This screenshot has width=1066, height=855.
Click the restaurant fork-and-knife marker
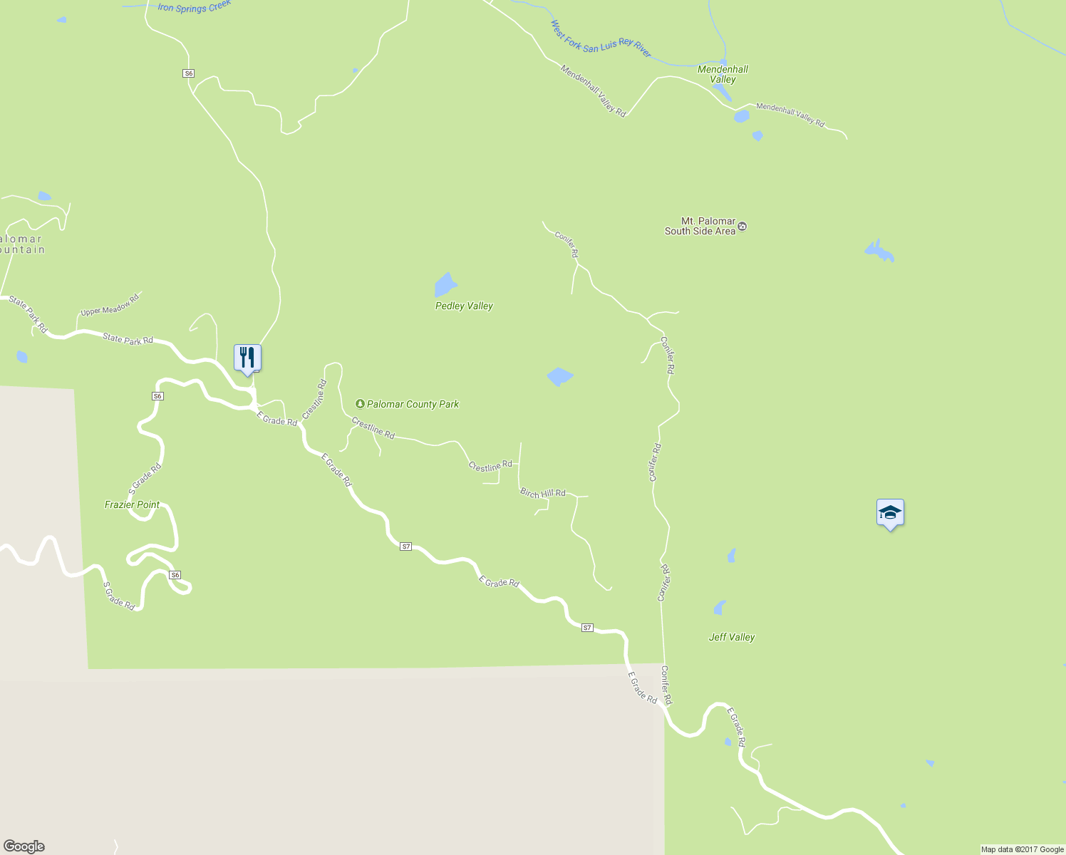point(247,358)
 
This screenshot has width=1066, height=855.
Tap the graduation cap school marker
point(890,512)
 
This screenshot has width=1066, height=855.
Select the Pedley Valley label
point(464,306)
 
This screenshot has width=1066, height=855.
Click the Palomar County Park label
point(413,404)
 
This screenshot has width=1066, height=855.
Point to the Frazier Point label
point(132,504)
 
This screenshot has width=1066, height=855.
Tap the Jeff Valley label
point(732,637)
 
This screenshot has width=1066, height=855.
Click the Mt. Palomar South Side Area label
point(700,227)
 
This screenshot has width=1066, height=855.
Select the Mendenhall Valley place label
point(723,74)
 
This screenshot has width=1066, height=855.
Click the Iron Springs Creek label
point(194,8)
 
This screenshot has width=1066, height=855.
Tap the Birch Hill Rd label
point(543,493)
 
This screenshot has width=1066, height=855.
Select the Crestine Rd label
point(314,399)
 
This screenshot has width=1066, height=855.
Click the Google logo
point(24,846)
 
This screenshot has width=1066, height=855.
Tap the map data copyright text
point(1022,849)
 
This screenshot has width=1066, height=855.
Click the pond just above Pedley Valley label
point(445,284)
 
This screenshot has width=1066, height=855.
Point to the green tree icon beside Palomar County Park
point(360,404)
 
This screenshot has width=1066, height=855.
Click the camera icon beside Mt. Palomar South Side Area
point(742,227)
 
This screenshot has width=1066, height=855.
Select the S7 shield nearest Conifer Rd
point(587,628)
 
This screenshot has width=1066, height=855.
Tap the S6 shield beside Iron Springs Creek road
point(188,73)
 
